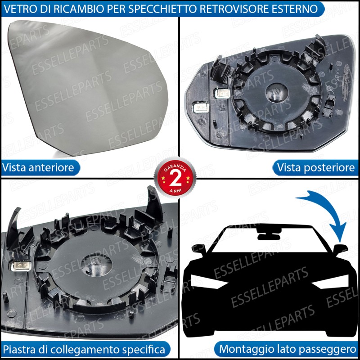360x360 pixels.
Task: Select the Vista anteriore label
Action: coord(38,167)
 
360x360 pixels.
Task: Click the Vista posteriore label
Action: coord(316,167)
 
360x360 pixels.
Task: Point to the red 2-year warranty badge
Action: coord(175,177)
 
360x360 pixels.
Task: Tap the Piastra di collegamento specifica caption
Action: coord(84,350)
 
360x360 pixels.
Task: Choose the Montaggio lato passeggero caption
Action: coord(288,349)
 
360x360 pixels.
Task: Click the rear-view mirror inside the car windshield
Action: coord(269,234)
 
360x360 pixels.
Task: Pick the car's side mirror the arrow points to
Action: coord(340,249)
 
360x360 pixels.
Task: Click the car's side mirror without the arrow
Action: coord(198,249)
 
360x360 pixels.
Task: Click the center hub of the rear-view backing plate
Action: coord(276,92)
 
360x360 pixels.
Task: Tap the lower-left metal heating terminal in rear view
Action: coord(201,107)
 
